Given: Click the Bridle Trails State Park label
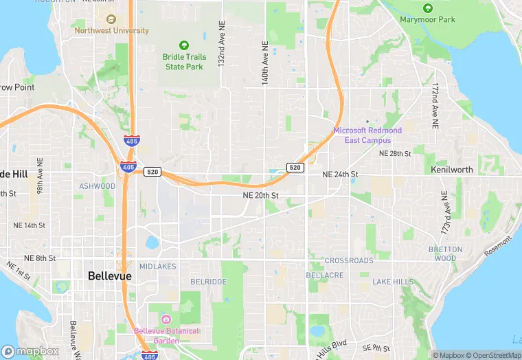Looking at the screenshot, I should pyautogui.click(x=183, y=62).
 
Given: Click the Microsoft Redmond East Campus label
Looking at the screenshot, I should pyautogui.click(x=367, y=135).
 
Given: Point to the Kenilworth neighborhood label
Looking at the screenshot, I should pyautogui.click(x=452, y=169).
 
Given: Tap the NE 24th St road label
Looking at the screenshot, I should pyautogui.click(x=340, y=175).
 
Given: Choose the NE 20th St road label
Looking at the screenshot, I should pyautogui.click(x=260, y=196).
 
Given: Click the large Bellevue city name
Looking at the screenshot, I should pyautogui.click(x=110, y=276).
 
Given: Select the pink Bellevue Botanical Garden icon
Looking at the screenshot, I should pyautogui.click(x=166, y=319).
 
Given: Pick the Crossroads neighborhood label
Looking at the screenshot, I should pyautogui.click(x=349, y=261).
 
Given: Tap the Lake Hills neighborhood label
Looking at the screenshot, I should pyautogui.click(x=393, y=282).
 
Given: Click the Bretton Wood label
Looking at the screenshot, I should pyautogui.click(x=445, y=254).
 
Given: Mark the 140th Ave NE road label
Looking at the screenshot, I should pyautogui.click(x=264, y=62).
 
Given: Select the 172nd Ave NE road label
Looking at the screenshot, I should pyautogui.click(x=435, y=107).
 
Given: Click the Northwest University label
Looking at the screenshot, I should pyautogui.click(x=111, y=31).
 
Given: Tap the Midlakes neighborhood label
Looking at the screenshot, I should pyautogui.click(x=157, y=266).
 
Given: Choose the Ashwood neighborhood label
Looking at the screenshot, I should pyautogui.click(x=97, y=186).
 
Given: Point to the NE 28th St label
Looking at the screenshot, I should pyautogui.click(x=395, y=153).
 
